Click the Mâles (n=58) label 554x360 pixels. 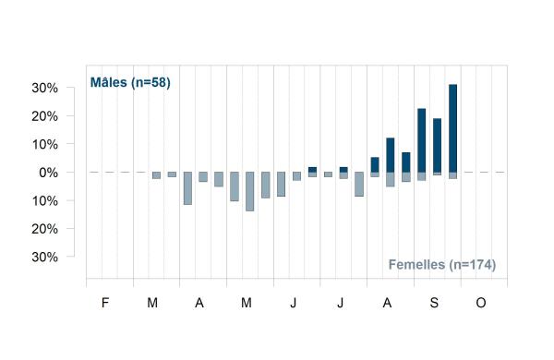(x=130, y=82)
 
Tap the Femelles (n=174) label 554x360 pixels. (x=442, y=265)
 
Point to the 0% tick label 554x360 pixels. (x=48, y=173)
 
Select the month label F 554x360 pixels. (x=105, y=303)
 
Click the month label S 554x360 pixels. (x=434, y=303)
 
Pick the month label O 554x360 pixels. (x=481, y=303)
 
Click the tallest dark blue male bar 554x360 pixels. (x=453, y=128)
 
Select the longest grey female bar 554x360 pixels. (x=250, y=191)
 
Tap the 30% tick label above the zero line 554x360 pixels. (x=44, y=88)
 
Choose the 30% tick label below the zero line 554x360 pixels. (x=44, y=257)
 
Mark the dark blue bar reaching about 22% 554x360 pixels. (x=422, y=140)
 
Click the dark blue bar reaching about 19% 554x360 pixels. (x=437, y=145)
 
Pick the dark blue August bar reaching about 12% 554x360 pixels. (x=391, y=155)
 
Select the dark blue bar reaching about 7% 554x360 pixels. (x=406, y=162)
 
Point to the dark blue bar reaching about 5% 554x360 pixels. (x=375, y=165)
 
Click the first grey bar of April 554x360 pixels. (x=187, y=188)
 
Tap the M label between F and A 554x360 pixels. (x=152, y=303)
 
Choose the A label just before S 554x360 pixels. (x=387, y=303)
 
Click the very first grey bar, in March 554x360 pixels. (x=157, y=175)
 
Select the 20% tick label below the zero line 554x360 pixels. (x=44, y=229)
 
